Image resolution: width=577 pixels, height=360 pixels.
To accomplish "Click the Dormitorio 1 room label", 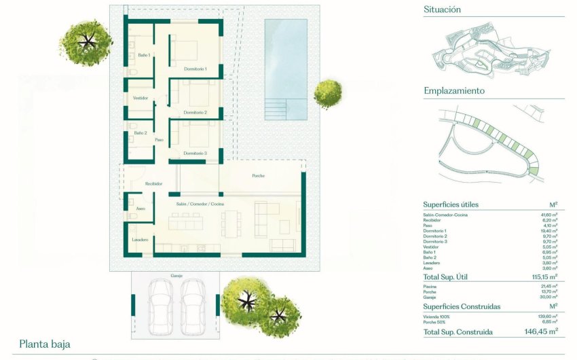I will pos(196,69).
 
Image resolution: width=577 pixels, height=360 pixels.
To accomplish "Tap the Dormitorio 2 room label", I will pos(196,112).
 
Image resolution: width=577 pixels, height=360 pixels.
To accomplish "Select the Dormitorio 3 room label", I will pos(196,154).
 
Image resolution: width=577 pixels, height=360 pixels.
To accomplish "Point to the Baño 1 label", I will pos(143,55).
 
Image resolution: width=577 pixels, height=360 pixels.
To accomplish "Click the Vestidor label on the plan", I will pos(141,98).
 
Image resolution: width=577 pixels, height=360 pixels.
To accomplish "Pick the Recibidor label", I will pos(153,184).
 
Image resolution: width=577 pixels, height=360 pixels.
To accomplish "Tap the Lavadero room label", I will pos(141,240).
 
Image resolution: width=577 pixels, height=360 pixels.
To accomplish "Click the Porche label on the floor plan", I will pos(258,176).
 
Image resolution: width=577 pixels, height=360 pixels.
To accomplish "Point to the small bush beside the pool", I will pos(328,94).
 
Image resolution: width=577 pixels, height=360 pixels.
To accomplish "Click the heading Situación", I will pos(442,10).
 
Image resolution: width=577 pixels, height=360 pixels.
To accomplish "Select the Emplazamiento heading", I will pos(454,90).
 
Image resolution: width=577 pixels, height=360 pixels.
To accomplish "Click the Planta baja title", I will pos(45,344).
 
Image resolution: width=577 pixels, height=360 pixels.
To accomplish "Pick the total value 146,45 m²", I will pos(540,331).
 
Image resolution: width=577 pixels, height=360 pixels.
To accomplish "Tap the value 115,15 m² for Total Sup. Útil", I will pos(543,276).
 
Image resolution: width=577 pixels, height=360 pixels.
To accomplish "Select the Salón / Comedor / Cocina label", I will pos(200,204).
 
